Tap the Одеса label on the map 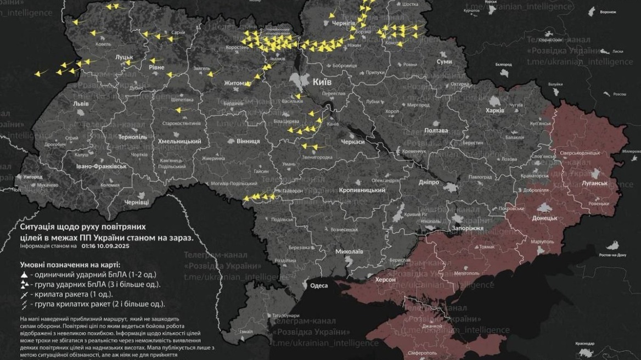(x=319, y=285)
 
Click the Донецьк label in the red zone (x=544, y=218)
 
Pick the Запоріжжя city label (x=467, y=228)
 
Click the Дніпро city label (x=429, y=182)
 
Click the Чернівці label (x=136, y=203)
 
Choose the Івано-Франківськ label (x=102, y=166)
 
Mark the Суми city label (x=443, y=61)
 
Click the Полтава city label (x=436, y=131)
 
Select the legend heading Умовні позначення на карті (x=71, y=264)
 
